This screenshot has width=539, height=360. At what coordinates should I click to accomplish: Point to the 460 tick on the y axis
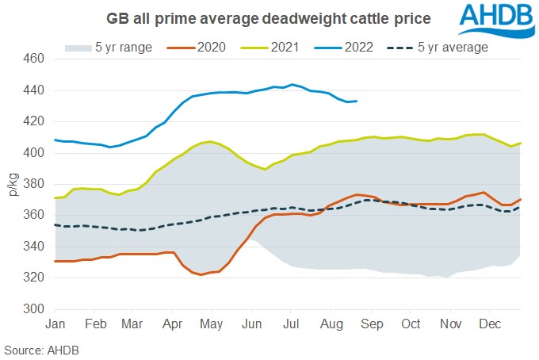pyautogui.click(x=34, y=59)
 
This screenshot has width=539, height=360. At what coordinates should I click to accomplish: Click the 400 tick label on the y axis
pyautogui.click(x=34, y=152)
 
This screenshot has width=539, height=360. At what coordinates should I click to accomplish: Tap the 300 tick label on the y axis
pyautogui.click(x=34, y=308)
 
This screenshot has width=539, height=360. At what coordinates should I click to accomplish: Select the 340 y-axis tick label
pyautogui.click(x=34, y=247)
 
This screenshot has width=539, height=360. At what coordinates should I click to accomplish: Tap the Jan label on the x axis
pyautogui.click(x=55, y=324)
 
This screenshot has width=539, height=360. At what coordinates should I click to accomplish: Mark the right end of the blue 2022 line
pyautogui.click(x=357, y=101)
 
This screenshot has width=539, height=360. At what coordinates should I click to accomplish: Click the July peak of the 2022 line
pyautogui.click(x=292, y=84)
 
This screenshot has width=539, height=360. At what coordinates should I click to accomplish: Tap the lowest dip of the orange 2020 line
pyautogui.click(x=202, y=274)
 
